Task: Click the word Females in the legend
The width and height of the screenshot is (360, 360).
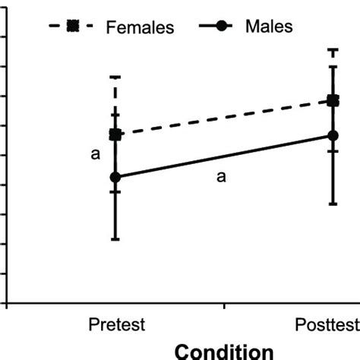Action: (x=141, y=27)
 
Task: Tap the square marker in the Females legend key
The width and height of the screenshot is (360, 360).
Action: (x=73, y=27)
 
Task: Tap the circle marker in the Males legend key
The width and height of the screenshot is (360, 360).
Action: (x=221, y=27)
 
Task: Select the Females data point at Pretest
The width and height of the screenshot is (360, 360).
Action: (x=115, y=134)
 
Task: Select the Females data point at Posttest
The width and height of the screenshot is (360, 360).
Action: (x=333, y=100)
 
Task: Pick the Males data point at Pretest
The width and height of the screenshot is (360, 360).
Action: (x=115, y=177)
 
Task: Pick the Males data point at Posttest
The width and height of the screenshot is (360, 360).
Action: (x=333, y=136)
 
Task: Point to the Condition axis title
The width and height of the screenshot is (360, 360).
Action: (x=224, y=351)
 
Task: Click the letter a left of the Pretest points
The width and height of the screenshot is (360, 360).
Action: (x=96, y=154)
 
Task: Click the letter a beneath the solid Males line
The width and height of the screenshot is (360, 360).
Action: (x=222, y=177)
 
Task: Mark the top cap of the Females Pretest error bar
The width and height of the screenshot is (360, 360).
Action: (x=115, y=77)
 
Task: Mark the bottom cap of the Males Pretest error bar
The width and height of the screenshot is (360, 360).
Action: (x=115, y=240)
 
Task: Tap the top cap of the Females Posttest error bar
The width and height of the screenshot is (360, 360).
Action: (x=333, y=50)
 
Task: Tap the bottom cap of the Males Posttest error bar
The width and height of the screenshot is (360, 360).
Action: (x=333, y=204)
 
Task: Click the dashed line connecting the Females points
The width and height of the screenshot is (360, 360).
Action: (x=224, y=118)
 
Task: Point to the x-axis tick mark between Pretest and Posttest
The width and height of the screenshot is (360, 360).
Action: (x=224, y=306)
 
